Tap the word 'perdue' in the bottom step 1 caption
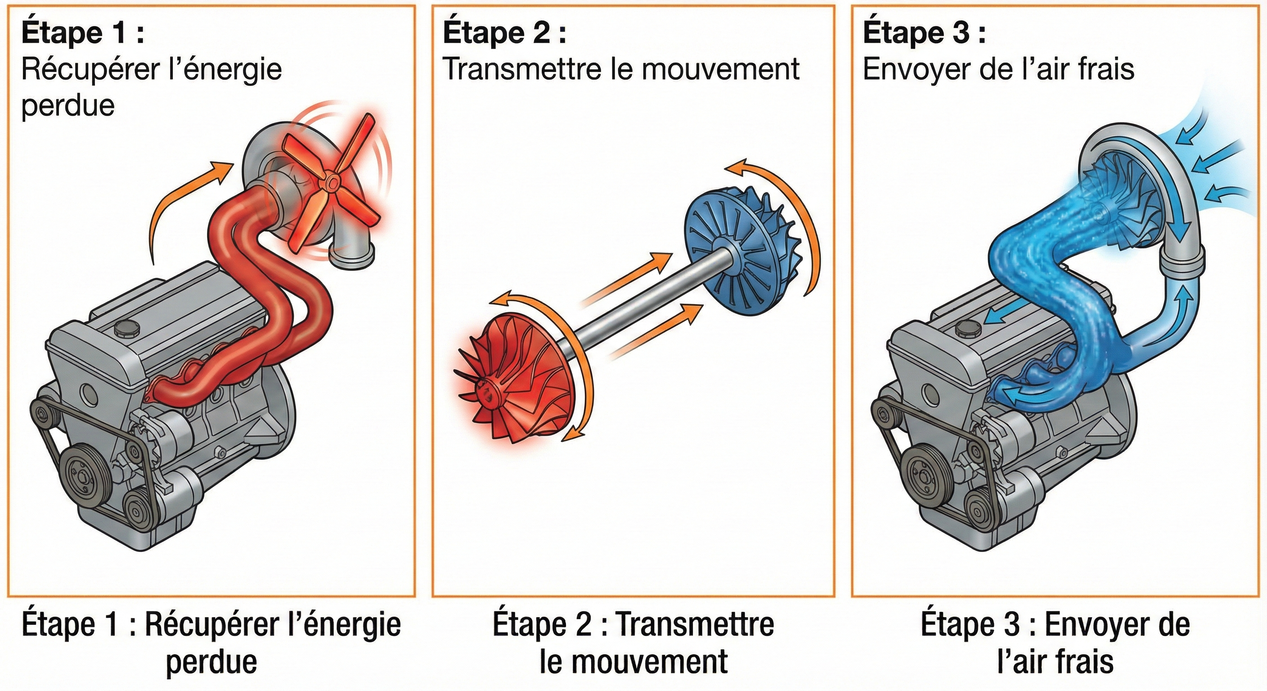pyautogui.click(x=211, y=661)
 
